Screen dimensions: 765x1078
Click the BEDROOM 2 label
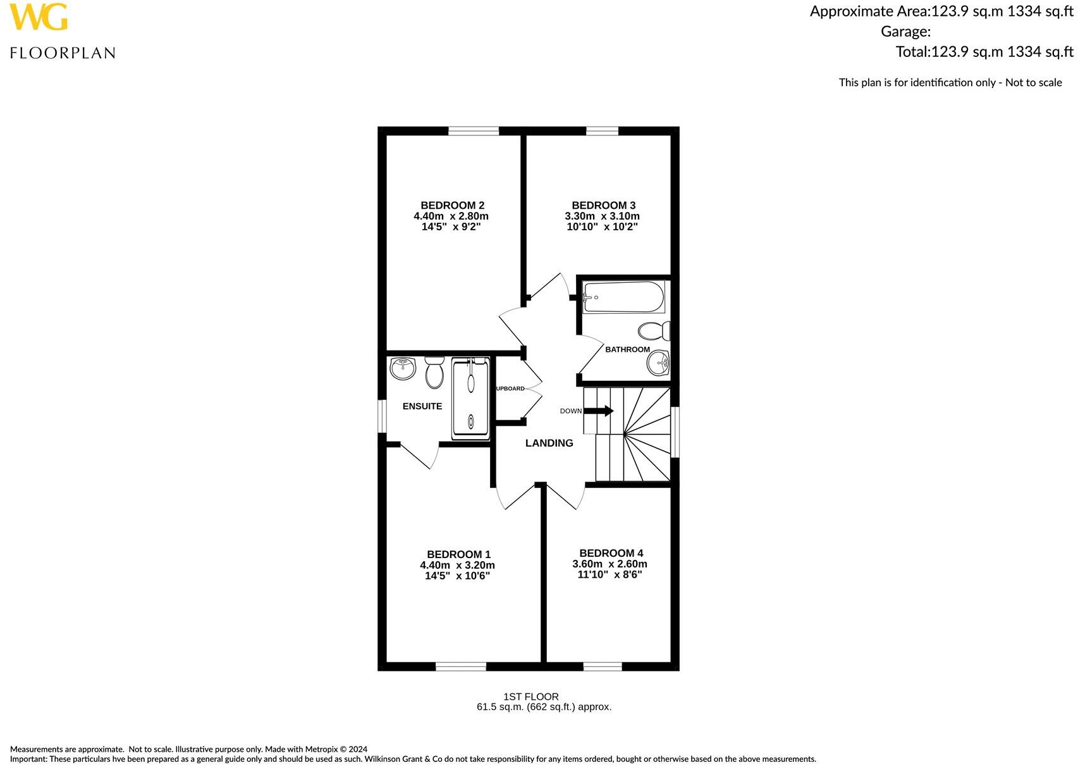[452, 205]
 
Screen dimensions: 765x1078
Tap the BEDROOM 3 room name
[603, 205]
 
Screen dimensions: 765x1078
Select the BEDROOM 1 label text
[458, 554]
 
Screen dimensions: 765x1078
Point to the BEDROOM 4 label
[611, 553]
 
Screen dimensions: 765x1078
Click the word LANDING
[549, 443]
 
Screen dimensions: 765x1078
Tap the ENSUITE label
[422, 406]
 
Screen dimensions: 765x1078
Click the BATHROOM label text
[627, 349]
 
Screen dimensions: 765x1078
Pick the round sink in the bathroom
[658, 363]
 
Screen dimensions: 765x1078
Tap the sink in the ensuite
[403, 368]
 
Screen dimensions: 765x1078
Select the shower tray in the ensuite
[471, 399]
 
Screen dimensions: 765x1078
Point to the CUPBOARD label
[510, 389]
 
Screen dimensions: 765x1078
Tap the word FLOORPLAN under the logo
[63, 53]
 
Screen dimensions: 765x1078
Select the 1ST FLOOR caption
[530, 696]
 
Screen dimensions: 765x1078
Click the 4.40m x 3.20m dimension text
[457, 565]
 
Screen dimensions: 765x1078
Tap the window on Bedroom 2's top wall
[474, 131]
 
